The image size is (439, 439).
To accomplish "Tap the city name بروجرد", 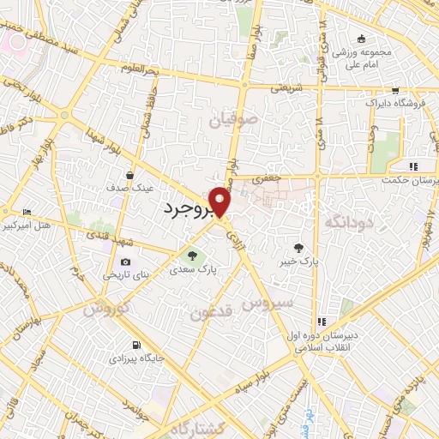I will tap(187, 208).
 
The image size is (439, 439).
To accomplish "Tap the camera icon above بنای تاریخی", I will tap(126, 262).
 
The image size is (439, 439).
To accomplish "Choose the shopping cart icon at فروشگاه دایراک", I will tap(394, 89).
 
